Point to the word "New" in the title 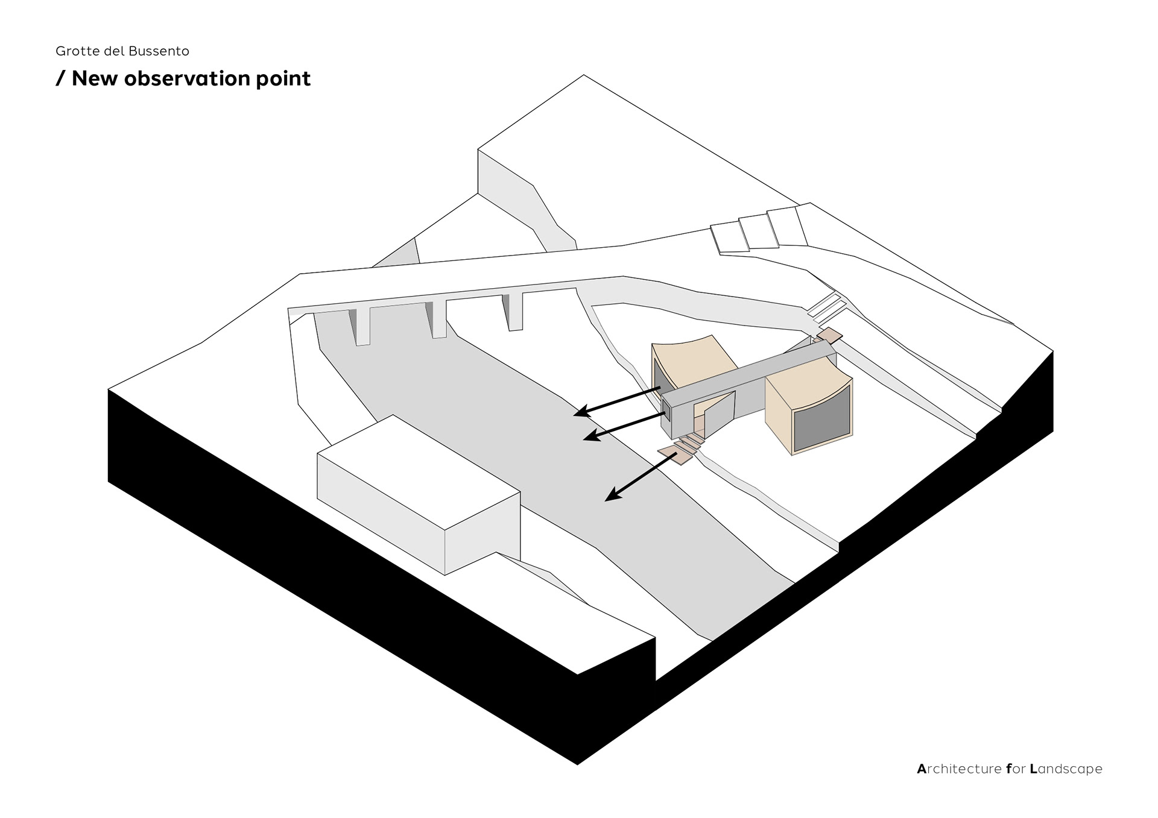pyautogui.click(x=95, y=78)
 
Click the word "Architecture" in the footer pyautogui.click(x=959, y=769)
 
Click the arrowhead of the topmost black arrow pyautogui.click(x=580, y=412)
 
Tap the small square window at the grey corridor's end pyautogui.click(x=668, y=413)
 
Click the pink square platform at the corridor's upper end pyautogui.click(x=829, y=335)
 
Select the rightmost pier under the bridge pyautogui.click(x=515, y=311)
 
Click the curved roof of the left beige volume pyautogui.click(x=694, y=359)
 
